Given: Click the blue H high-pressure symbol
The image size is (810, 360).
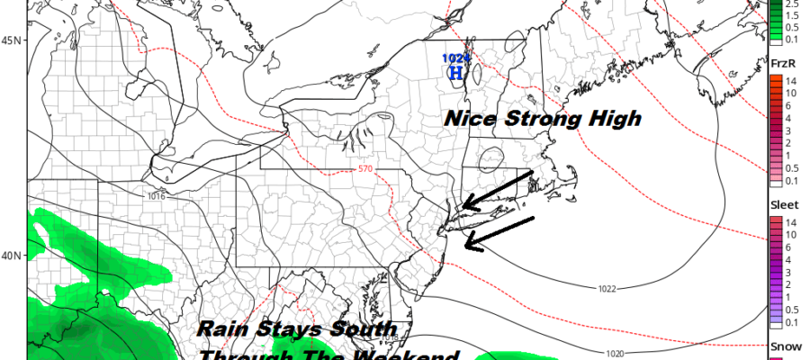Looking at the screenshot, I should pyautogui.click(x=456, y=73).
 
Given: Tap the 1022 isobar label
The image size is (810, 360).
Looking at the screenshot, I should pyautogui.click(x=607, y=289).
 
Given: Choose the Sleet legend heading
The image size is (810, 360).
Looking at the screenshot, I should pyautogui.click(x=782, y=204).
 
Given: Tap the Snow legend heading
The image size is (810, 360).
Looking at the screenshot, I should pyautogui.click(x=782, y=346).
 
